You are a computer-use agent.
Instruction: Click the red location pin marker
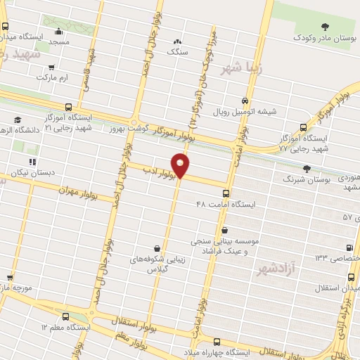point(181,165)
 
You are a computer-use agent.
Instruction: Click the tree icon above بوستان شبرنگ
point(306,168)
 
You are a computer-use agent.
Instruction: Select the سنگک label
point(176,51)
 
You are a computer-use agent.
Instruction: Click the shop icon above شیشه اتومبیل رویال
point(245,101)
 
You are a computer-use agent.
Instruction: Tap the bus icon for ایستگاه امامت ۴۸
point(225,193)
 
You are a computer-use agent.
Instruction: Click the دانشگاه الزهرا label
point(25,129)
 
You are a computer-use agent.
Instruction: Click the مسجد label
point(59,43)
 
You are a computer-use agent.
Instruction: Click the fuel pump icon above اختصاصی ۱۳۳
point(349,247)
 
